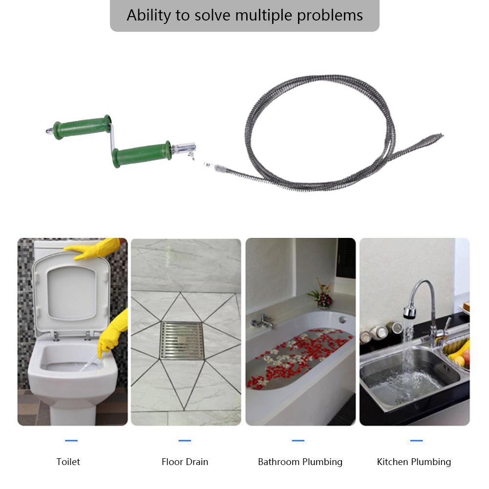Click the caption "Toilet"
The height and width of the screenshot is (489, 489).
click(x=68, y=462)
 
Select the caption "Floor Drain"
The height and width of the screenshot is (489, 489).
click(x=185, y=462)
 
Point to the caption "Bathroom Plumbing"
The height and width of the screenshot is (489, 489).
click(x=300, y=462)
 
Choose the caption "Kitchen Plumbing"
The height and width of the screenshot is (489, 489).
click(x=414, y=462)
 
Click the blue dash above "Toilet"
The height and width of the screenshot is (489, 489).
click(x=71, y=441)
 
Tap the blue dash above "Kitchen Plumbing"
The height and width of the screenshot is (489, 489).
click(x=416, y=441)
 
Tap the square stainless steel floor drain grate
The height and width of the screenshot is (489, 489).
click(x=181, y=340)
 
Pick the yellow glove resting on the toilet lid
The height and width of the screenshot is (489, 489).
click(x=95, y=249)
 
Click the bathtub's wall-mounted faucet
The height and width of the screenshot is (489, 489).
click(x=262, y=321)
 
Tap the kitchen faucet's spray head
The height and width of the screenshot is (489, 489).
click(x=409, y=312)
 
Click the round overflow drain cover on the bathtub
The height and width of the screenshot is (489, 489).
click(x=343, y=319)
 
